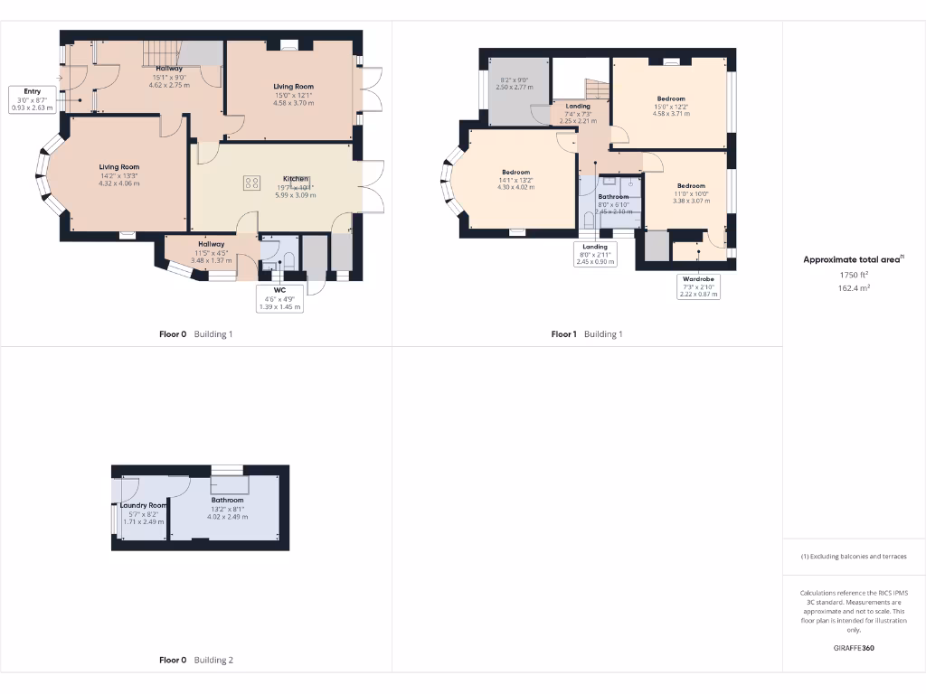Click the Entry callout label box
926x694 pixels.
click(x=33, y=99)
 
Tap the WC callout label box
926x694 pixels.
click(x=279, y=298)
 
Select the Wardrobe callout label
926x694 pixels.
click(x=698, y=286)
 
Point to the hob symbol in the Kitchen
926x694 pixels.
click(x=250, y=183)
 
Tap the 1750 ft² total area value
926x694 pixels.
click(x=854, y=275)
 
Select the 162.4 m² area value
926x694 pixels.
click(x=854, y=288)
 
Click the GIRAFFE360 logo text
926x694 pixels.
click(x=854, y=648)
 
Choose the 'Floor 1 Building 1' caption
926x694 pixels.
click(x=587, y=334)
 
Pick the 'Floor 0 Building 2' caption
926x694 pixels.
click(x=196, y=661)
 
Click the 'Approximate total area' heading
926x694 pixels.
click(x=853, y=259)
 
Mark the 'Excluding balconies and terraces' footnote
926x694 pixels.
click(x=854, y=557)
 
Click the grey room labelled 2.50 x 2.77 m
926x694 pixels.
click(x=517, y=90)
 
